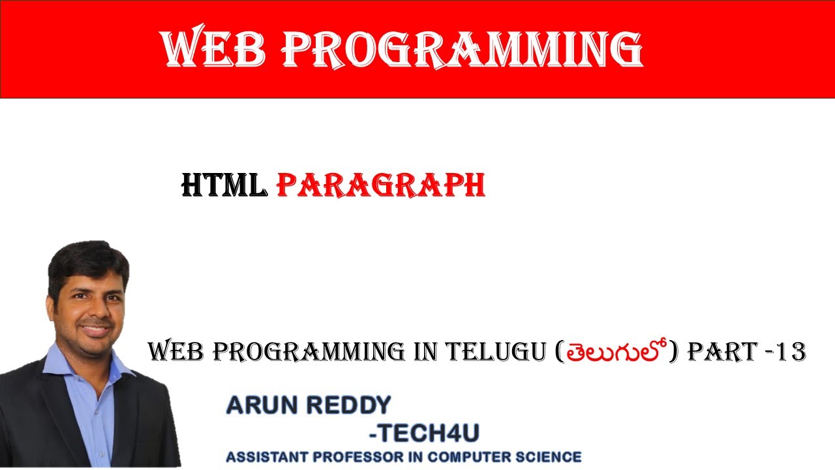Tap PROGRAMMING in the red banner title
click(x=463, y=49)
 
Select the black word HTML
click(x=224, y=187)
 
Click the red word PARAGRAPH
click(x=381, y=187)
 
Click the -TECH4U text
click(x=423, y=433)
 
